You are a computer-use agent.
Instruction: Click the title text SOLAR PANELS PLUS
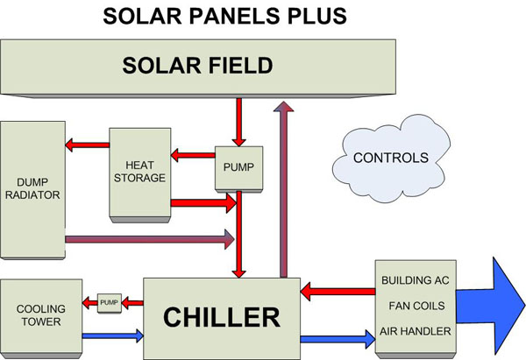click(x=224, y=16)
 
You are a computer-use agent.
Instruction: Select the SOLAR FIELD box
click(x=198, y=68)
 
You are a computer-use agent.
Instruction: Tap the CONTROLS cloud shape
click(x=391, y=159)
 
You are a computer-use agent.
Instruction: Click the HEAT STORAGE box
click(x=140, y=174)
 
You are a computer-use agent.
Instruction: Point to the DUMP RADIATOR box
click(x=32, y=190)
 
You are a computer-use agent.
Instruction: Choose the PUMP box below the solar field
click(x=238, y=169)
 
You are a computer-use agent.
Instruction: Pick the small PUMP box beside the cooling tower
click(x=110, y=303)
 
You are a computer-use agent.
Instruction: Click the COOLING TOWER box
click(x=41, y=317)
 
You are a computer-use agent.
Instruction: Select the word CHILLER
click(x=222, y=317)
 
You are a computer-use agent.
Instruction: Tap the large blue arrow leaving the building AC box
click(x=490, y=306)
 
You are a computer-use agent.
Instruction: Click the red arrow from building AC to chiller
click(x=338, y=292)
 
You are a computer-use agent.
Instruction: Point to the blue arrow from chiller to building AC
click(x=338, y=339)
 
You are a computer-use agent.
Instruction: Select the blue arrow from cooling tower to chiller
click(x=113, y=335)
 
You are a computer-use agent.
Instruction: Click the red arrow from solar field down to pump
click(x=238, y=122)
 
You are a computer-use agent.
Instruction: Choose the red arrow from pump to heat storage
click(x=193, y=155)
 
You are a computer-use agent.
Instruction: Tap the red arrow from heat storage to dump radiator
click(x=87, y=145)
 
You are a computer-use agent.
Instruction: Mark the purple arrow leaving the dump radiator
click(x=150, y=239)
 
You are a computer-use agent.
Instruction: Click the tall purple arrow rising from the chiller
click(x=284, y=189)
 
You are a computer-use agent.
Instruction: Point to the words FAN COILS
click(x=416, y=306)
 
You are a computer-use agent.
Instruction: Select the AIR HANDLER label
click(x=416, y=331)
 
